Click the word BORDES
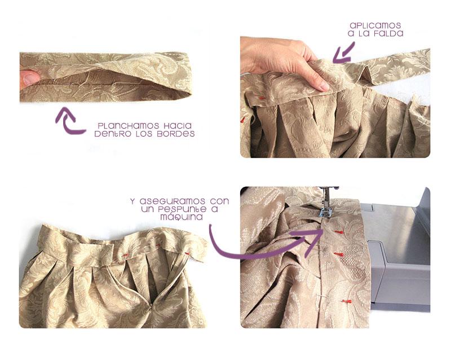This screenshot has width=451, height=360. [180, 134]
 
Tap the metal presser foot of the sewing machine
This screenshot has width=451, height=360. [325, 212]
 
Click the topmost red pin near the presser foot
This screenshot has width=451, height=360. [339, 231]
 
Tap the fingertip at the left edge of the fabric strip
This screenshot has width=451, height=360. [26, 79]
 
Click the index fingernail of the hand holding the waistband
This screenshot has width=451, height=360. [322, 86]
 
